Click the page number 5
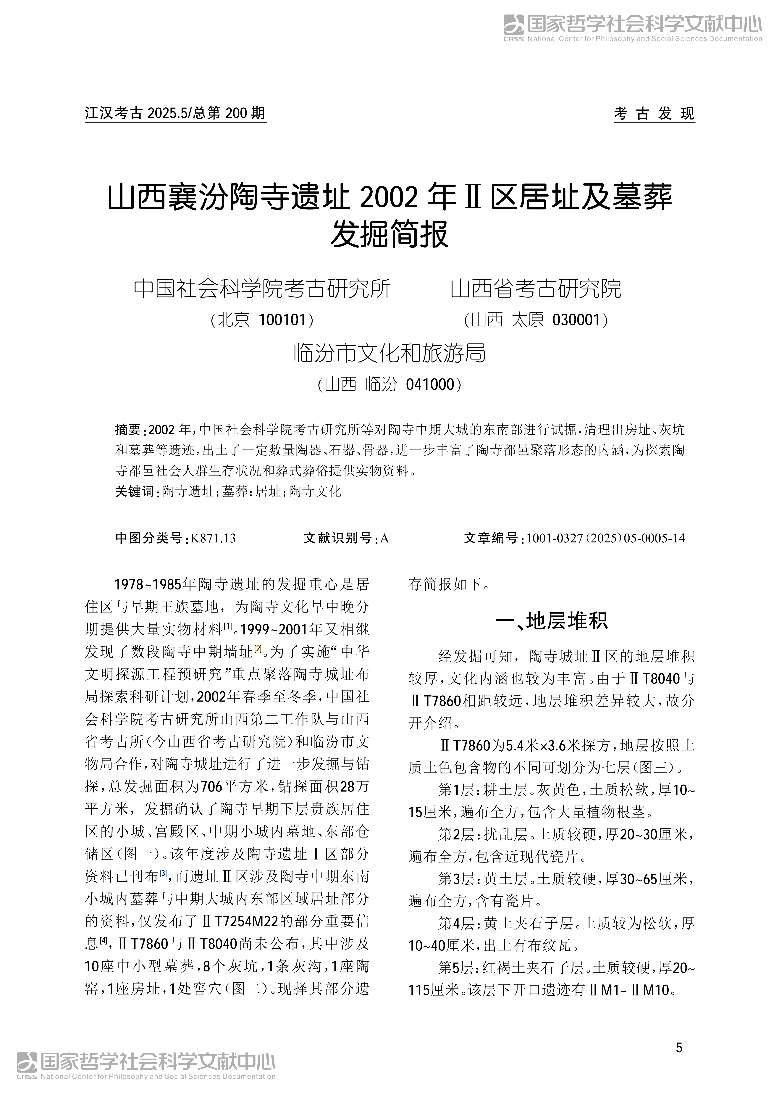pos(679,1047)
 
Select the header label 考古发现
pos(654,114)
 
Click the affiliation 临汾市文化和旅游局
pos(389,354)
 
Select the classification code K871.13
pos(213,538)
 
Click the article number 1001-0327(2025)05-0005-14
pos(605,538)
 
